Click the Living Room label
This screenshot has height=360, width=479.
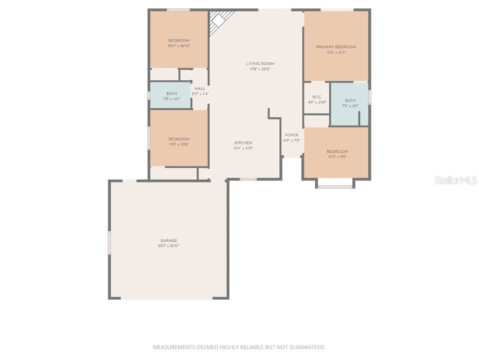[x=260, y=64]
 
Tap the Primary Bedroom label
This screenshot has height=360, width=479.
[x=336, y=47]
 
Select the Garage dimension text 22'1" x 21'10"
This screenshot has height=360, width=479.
[x=168, y=246]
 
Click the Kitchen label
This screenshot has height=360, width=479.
[x=243, y=143]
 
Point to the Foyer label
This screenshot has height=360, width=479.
[x=291, y=135]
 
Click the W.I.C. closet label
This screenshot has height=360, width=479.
[x=317, y=97]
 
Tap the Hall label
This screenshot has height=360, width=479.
[x=200, y=89]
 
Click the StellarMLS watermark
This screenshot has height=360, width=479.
[x=455, y=180]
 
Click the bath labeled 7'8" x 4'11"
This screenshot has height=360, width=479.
[x=171, y=96]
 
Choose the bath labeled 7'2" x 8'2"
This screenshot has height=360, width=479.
[x=350, y=103]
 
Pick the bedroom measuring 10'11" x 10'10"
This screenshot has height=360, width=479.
[x=179, y=43]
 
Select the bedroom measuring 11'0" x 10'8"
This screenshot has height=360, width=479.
[x=179, y=142]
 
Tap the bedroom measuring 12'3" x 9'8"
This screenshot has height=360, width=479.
[x=337, y=154]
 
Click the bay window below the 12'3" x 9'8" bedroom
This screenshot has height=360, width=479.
[x=335, y=186]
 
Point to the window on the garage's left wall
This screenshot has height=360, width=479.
[x=110, y=242]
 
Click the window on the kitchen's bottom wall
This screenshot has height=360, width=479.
[x=248, y=179]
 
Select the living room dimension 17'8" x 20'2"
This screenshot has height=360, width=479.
[x=260, y=69]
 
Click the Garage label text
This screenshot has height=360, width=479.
[x=168, y=240]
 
